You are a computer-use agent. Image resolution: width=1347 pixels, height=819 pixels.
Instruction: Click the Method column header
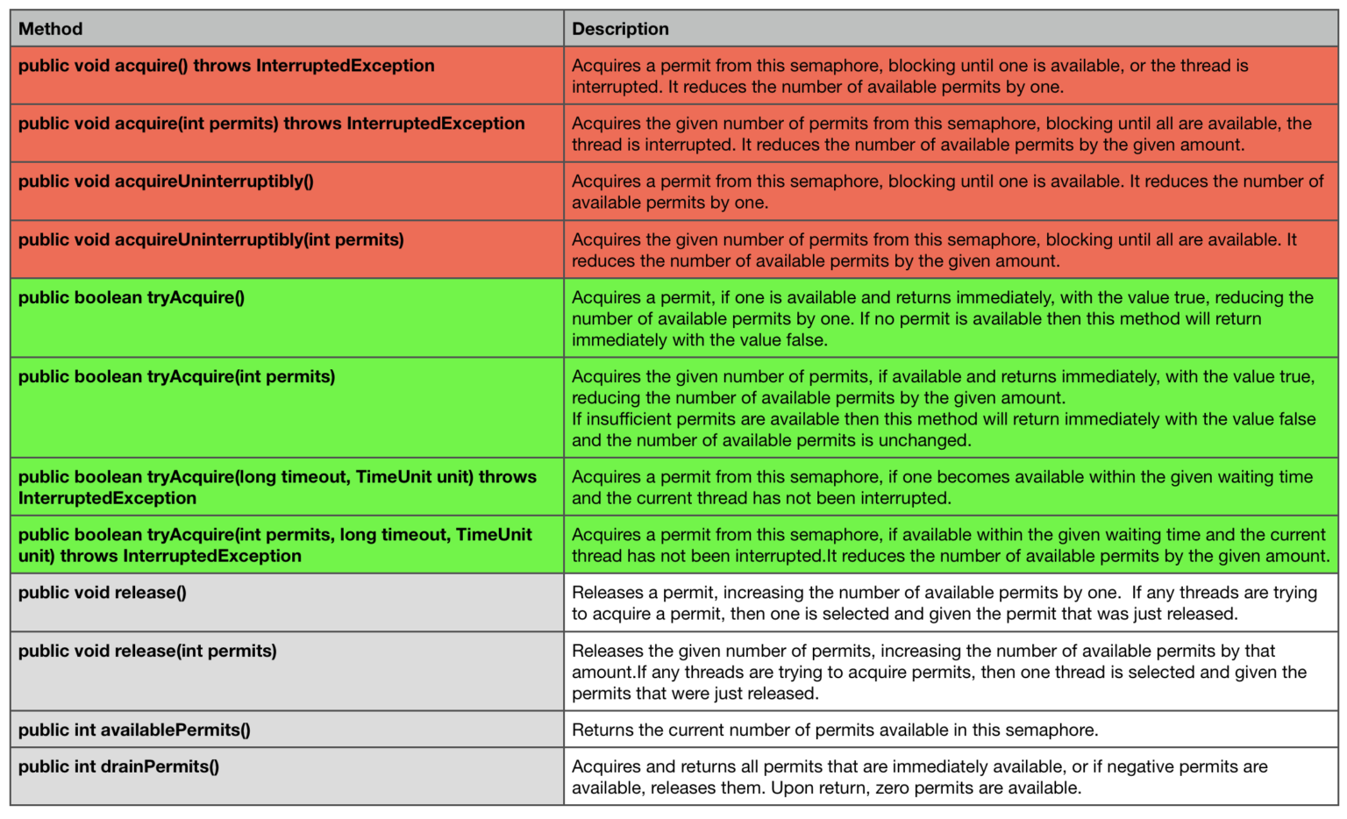tap(51, 29)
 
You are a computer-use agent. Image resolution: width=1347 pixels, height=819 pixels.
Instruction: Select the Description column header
tap(620, 29)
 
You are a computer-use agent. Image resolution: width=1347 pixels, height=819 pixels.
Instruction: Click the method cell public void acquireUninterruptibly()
tap(166, 182)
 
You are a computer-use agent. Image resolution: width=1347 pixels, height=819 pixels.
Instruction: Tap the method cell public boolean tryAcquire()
tap(132, 297)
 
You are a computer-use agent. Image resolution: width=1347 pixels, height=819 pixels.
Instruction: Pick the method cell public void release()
tap(103, 593)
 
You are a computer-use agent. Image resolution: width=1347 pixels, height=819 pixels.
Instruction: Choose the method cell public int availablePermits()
tap(134, 730)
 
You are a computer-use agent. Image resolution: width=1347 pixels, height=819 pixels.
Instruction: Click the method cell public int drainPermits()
tap(118, 766)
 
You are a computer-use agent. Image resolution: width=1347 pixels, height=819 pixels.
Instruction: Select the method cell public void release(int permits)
tap(147, 651)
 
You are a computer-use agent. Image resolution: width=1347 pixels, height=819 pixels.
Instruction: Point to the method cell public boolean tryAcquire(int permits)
tap(176, 376)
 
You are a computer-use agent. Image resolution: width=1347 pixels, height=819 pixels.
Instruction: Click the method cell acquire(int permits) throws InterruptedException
tap(271, 124)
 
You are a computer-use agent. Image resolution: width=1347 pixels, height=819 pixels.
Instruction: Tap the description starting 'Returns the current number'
tap(835, 730)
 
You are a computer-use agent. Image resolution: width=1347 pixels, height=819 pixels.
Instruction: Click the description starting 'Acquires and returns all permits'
tap(919, 777)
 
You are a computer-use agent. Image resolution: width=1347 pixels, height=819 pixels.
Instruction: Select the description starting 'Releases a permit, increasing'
tap(944, 603)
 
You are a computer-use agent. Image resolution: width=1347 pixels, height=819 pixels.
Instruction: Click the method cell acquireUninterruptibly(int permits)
tap(210, 239)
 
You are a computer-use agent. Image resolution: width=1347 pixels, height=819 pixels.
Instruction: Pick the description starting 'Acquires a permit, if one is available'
tap(943, 318)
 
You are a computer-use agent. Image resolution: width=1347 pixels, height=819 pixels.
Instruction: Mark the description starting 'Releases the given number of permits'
tap(938, 672)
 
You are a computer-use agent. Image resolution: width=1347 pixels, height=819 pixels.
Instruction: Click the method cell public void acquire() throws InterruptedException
tap(226, 66)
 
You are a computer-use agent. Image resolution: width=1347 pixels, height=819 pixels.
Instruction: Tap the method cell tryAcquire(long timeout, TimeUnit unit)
tap(277, 487)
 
